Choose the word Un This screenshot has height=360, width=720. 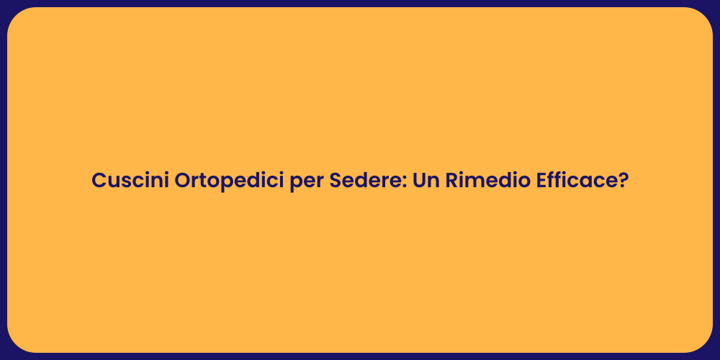tap(425, 181)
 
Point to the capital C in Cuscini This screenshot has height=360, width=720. tap(99, 181)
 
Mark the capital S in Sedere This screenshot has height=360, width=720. tap(336, 181)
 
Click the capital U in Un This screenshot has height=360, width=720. tap(418, 181)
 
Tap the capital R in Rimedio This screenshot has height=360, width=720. tap(452, 181)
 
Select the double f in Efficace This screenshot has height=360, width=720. tap(559, 181)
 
